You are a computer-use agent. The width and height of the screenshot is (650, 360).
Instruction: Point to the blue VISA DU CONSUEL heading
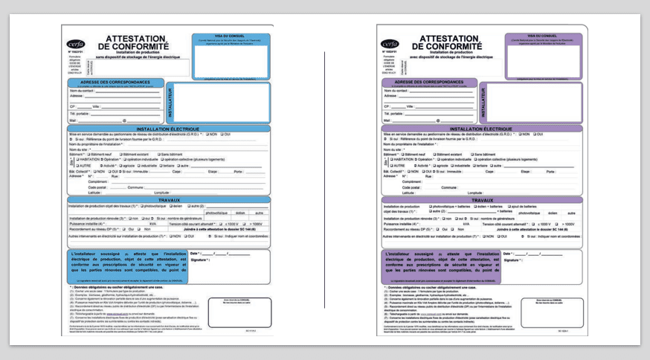229,36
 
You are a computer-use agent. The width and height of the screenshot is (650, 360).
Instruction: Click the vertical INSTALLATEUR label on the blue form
169,103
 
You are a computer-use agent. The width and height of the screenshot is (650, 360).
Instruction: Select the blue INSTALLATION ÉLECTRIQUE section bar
167,129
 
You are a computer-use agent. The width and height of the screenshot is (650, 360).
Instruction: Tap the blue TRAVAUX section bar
167,199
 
